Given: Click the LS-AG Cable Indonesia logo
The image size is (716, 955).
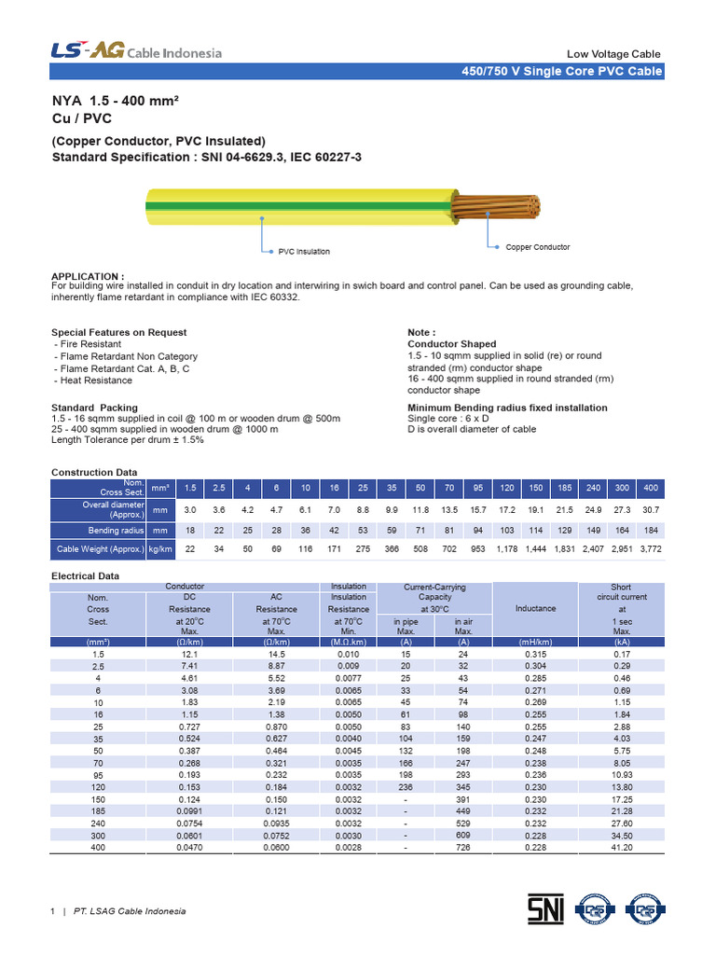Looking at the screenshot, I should (x=136, y=52).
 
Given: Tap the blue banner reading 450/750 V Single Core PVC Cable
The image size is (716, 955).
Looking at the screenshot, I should (x=562, y=72).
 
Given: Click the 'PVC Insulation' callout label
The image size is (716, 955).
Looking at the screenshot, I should (x=304, y=252).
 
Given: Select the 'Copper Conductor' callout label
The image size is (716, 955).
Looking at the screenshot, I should (x=538, y=247).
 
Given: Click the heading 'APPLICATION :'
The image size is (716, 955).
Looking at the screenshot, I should (x=88, y=277).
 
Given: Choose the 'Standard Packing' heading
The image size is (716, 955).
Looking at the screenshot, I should (x=94, y=408).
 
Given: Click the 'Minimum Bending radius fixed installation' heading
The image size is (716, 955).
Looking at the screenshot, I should (x=507, y=408).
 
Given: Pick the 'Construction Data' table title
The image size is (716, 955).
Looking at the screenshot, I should (x=93, y=473).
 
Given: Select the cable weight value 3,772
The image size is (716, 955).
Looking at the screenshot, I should (x=650, y=550).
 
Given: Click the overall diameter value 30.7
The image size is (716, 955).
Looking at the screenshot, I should (x=650, y=510).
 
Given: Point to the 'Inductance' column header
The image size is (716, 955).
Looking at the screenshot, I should (x=535, y=608).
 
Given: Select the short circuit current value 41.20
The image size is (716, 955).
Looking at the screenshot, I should (x=621, y=848).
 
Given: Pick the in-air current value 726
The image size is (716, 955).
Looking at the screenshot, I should (x=463, y=848).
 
